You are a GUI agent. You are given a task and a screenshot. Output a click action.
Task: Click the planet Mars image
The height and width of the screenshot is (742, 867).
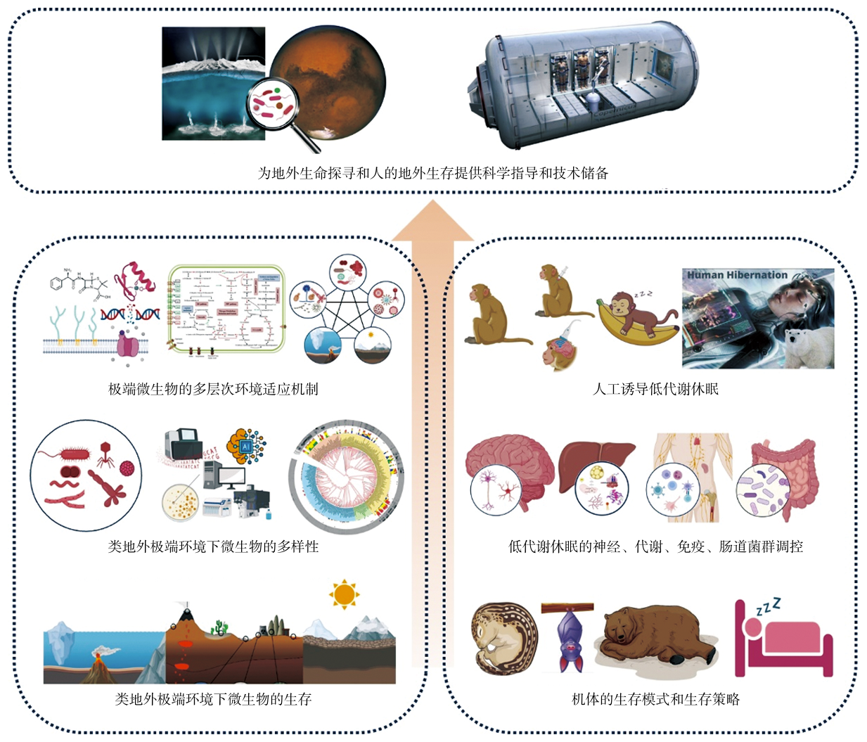click(330, 74)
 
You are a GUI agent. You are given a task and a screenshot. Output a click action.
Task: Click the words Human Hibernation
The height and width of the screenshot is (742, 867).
click(737, 275)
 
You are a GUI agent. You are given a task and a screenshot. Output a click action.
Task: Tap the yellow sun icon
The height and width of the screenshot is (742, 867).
click(344, 594)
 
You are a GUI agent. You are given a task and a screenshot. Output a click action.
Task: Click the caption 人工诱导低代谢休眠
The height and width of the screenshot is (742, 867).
click(655, 389)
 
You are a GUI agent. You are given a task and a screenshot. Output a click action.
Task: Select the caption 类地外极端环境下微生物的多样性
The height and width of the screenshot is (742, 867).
click(213, 546)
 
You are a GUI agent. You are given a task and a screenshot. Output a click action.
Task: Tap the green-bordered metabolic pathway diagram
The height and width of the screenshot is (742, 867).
click(226, 309)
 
